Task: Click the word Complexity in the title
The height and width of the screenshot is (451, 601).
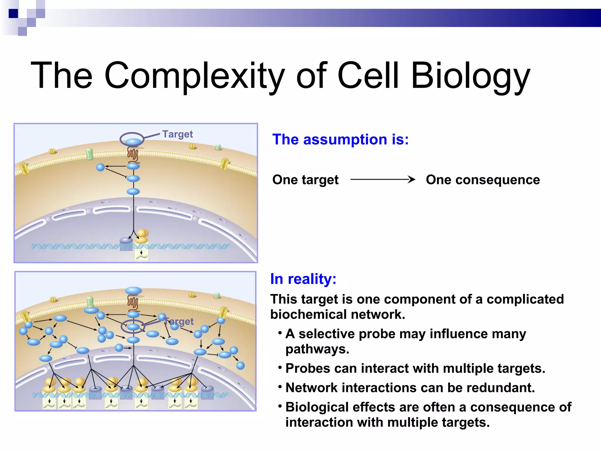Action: (x=194, y=76)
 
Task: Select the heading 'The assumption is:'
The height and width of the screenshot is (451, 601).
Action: (x=340, y=139)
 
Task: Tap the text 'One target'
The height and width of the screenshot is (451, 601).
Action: (x=305, y=180)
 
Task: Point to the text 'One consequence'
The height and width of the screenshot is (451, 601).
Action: (x=483, y=180)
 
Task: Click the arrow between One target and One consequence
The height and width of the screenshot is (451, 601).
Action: (x=383, y=179)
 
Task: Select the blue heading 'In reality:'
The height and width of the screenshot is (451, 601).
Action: (x=303, y=279)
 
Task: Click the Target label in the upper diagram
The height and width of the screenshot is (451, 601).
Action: (x=178, y=134)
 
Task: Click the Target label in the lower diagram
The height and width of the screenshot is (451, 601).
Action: (x=179, y=321)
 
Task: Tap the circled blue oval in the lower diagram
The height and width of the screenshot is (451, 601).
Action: (x=133, y=327)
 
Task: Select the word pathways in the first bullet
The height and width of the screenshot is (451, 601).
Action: (x=317, y=349)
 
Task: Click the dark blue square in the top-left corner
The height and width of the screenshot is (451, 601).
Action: (x=13, y=14)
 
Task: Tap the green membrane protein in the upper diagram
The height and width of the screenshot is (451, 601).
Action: (x=89, y=154)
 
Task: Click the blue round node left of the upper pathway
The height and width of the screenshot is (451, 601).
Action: (x=100, y=167)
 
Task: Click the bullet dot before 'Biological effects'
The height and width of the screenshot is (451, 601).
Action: (x=280, y=406)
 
